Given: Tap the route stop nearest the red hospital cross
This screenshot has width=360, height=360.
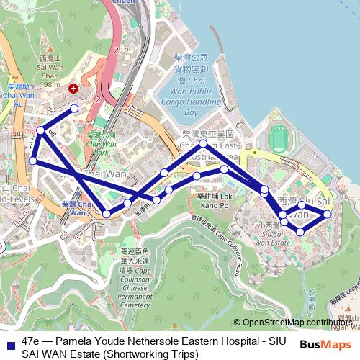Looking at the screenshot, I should (x=75, y=109).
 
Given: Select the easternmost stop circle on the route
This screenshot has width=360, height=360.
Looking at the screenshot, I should (x=328, y=214).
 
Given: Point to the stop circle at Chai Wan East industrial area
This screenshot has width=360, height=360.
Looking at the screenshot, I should (x=204, y=144).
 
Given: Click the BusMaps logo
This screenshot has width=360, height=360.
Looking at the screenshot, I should (x=320, y=344).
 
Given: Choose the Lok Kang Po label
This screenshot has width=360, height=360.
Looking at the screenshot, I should (x=215, y=200).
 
